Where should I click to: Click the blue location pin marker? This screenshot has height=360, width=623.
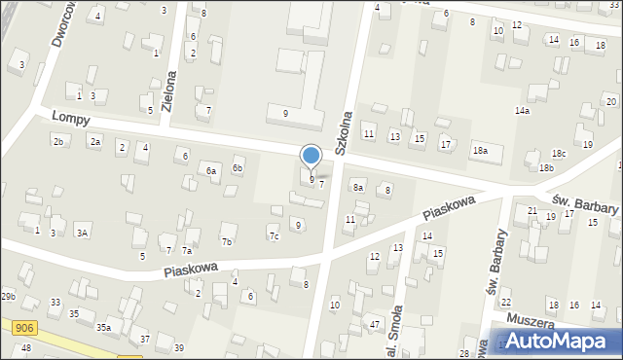(311, 156)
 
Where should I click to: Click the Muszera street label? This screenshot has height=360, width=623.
(530, 321)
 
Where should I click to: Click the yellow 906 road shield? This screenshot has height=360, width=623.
(25, 329)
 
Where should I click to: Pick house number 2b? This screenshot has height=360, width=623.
(58, 142)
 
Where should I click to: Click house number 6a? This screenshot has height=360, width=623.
(210, 171)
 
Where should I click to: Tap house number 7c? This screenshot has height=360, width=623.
(274, 235)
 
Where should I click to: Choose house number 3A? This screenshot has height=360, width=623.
(83, 233)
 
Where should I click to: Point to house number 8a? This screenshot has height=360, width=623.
(358, 188)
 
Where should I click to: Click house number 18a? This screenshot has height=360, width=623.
(480, 151)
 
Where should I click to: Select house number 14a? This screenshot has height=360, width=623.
(523, 112)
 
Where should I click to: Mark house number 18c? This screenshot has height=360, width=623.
(559, 154)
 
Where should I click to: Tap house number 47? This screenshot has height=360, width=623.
(375, 324)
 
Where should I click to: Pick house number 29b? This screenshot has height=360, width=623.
(8, 296)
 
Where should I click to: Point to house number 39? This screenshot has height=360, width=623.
(178, 348)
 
